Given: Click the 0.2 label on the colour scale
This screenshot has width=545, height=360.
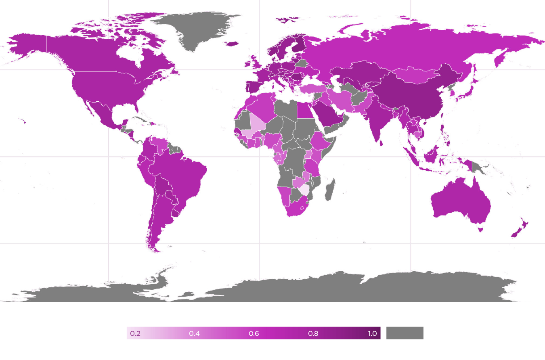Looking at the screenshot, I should [x=135, y=333].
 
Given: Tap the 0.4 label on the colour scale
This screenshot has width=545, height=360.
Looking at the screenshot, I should [x=195, y=333].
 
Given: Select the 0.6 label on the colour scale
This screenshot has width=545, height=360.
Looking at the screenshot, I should [x=254, y=333].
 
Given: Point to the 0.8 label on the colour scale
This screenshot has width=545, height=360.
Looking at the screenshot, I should [x=313, y=333].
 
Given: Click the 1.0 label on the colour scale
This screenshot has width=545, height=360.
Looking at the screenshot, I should [x=372, y=333].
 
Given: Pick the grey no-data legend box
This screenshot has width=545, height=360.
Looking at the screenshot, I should [x=405, y=333].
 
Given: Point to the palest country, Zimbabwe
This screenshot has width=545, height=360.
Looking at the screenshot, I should [x=304, y=190].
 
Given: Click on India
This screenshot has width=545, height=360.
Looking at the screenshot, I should [x=375, y=121].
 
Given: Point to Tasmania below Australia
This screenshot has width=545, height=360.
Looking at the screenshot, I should [x=480, y=229].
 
